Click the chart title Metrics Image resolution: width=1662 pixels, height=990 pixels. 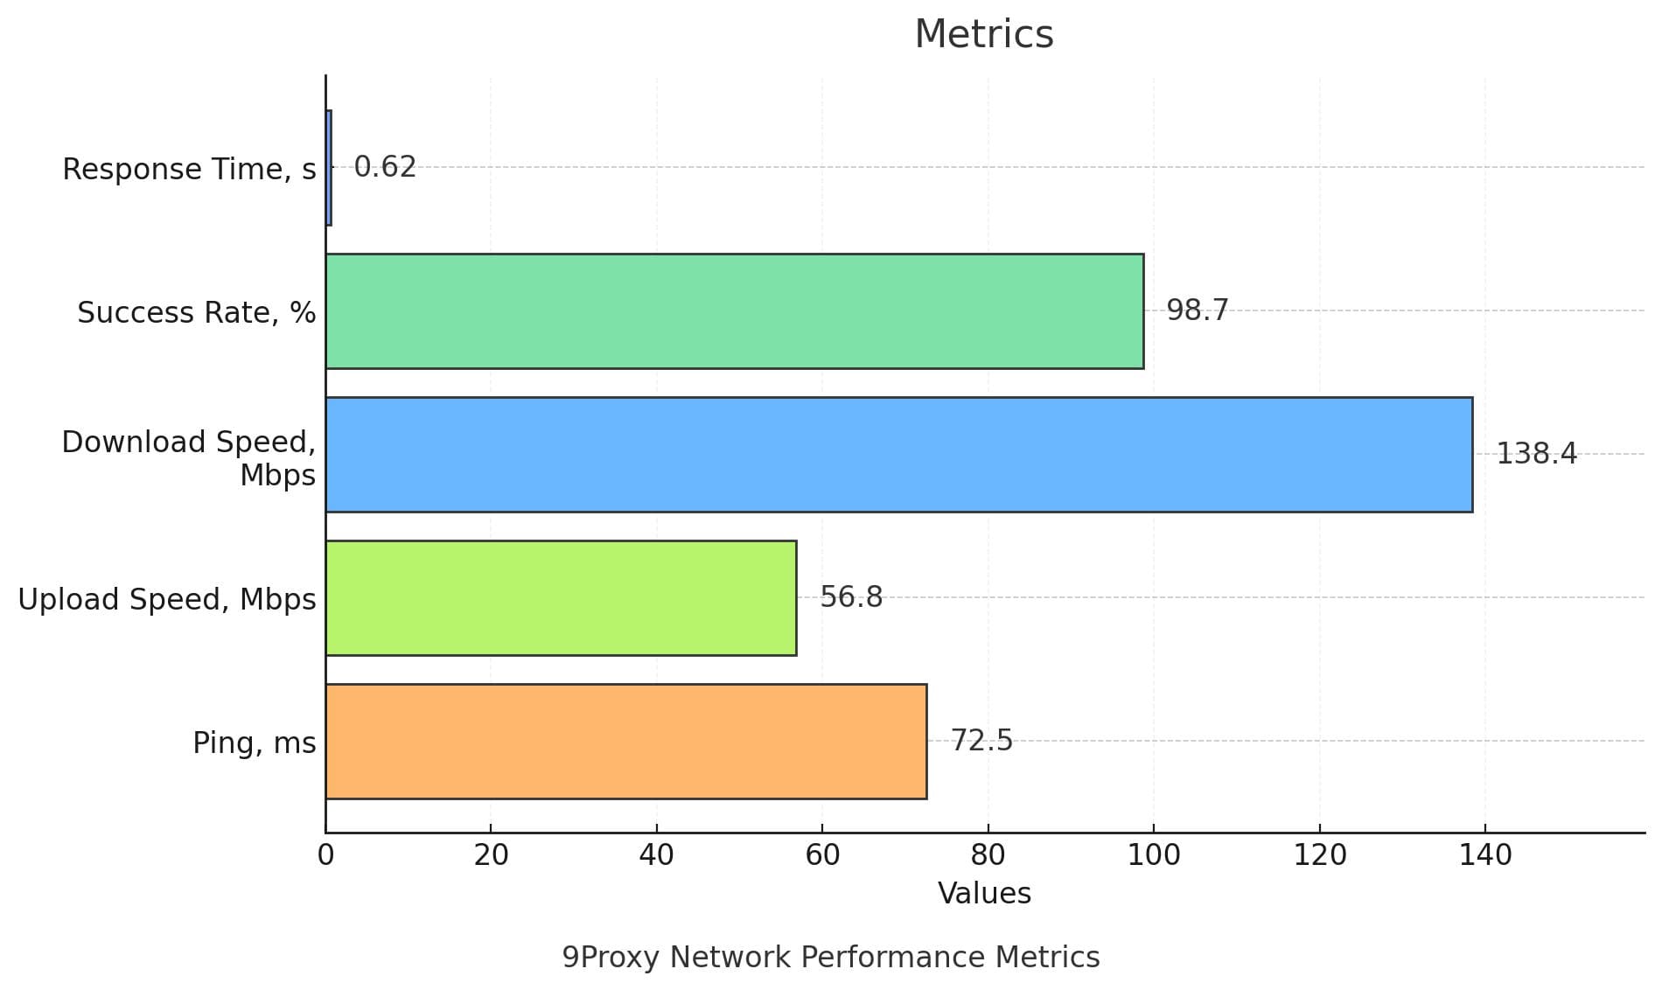[984, 35]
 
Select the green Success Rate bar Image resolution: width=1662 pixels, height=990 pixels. [734, 311]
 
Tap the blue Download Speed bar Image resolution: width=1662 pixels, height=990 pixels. [898, 455]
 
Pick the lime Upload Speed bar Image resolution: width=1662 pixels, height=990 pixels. [561, 598]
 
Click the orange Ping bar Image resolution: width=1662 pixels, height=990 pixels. [625, 742]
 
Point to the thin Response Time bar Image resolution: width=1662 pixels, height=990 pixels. [328, 168]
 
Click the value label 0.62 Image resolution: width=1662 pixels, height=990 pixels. [385, 167]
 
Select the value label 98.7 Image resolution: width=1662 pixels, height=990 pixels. [1198, 310]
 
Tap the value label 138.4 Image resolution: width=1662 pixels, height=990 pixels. [1536, 454]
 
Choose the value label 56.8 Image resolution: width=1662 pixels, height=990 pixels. [851, 597]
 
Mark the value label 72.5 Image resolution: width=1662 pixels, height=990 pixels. [981, 741]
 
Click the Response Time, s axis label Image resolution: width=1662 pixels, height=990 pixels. [189, 169]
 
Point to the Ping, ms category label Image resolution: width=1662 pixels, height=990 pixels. [254, 742]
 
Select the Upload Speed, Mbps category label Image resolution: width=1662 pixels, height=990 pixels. [167, 599]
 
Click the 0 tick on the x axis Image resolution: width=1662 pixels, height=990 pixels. [325, 854]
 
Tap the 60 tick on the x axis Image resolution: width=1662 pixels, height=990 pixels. [822, 854]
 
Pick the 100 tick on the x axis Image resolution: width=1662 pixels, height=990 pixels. [1153, 854]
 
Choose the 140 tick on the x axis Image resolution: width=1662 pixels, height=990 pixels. [1484, 854]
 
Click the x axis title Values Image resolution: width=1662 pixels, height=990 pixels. [984, 893]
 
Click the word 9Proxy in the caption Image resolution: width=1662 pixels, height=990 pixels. [610, 958]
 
